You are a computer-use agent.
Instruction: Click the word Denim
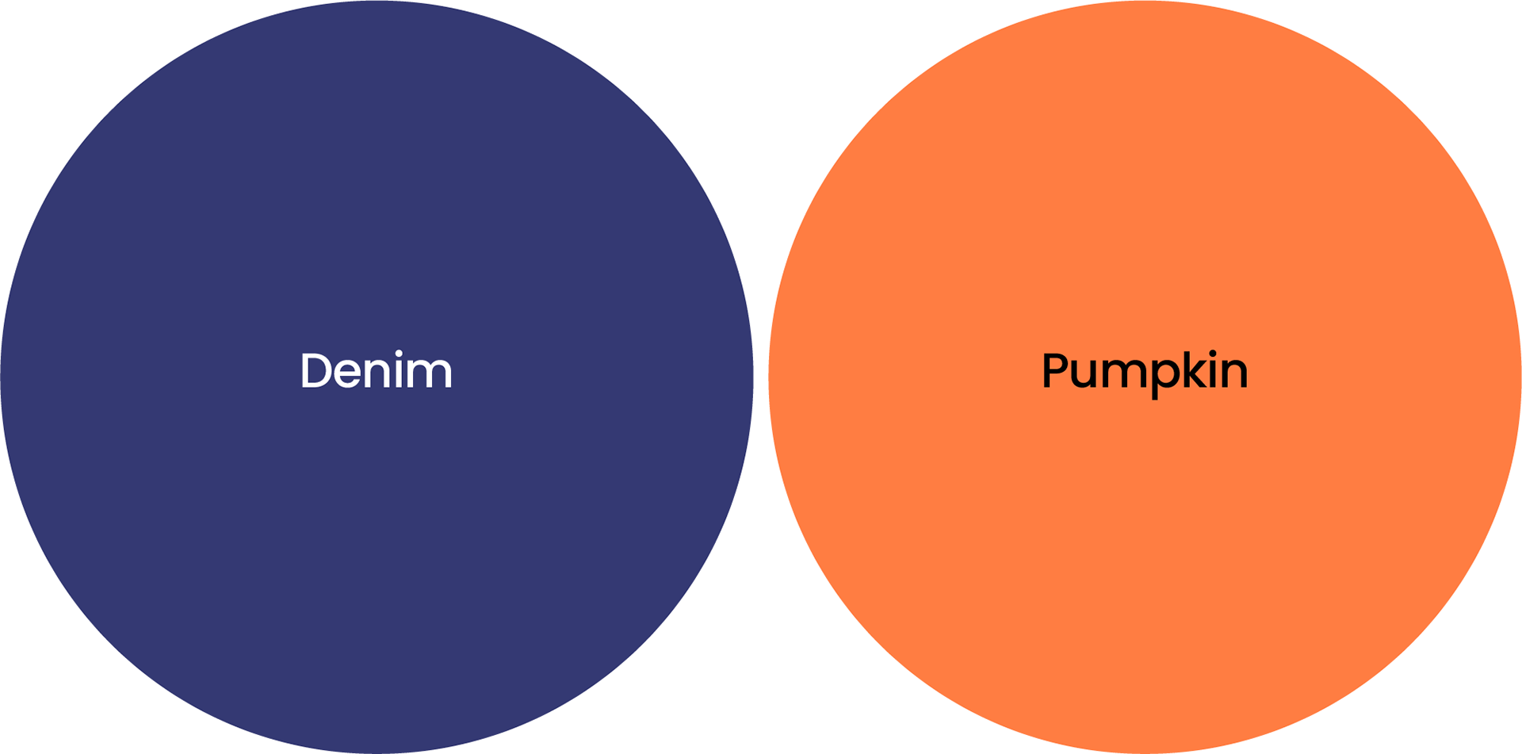376,370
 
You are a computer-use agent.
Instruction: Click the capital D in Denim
315,370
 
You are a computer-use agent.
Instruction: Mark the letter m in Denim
430,373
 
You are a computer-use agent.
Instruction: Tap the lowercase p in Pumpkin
1166,375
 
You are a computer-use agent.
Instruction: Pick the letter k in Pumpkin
1198,370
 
